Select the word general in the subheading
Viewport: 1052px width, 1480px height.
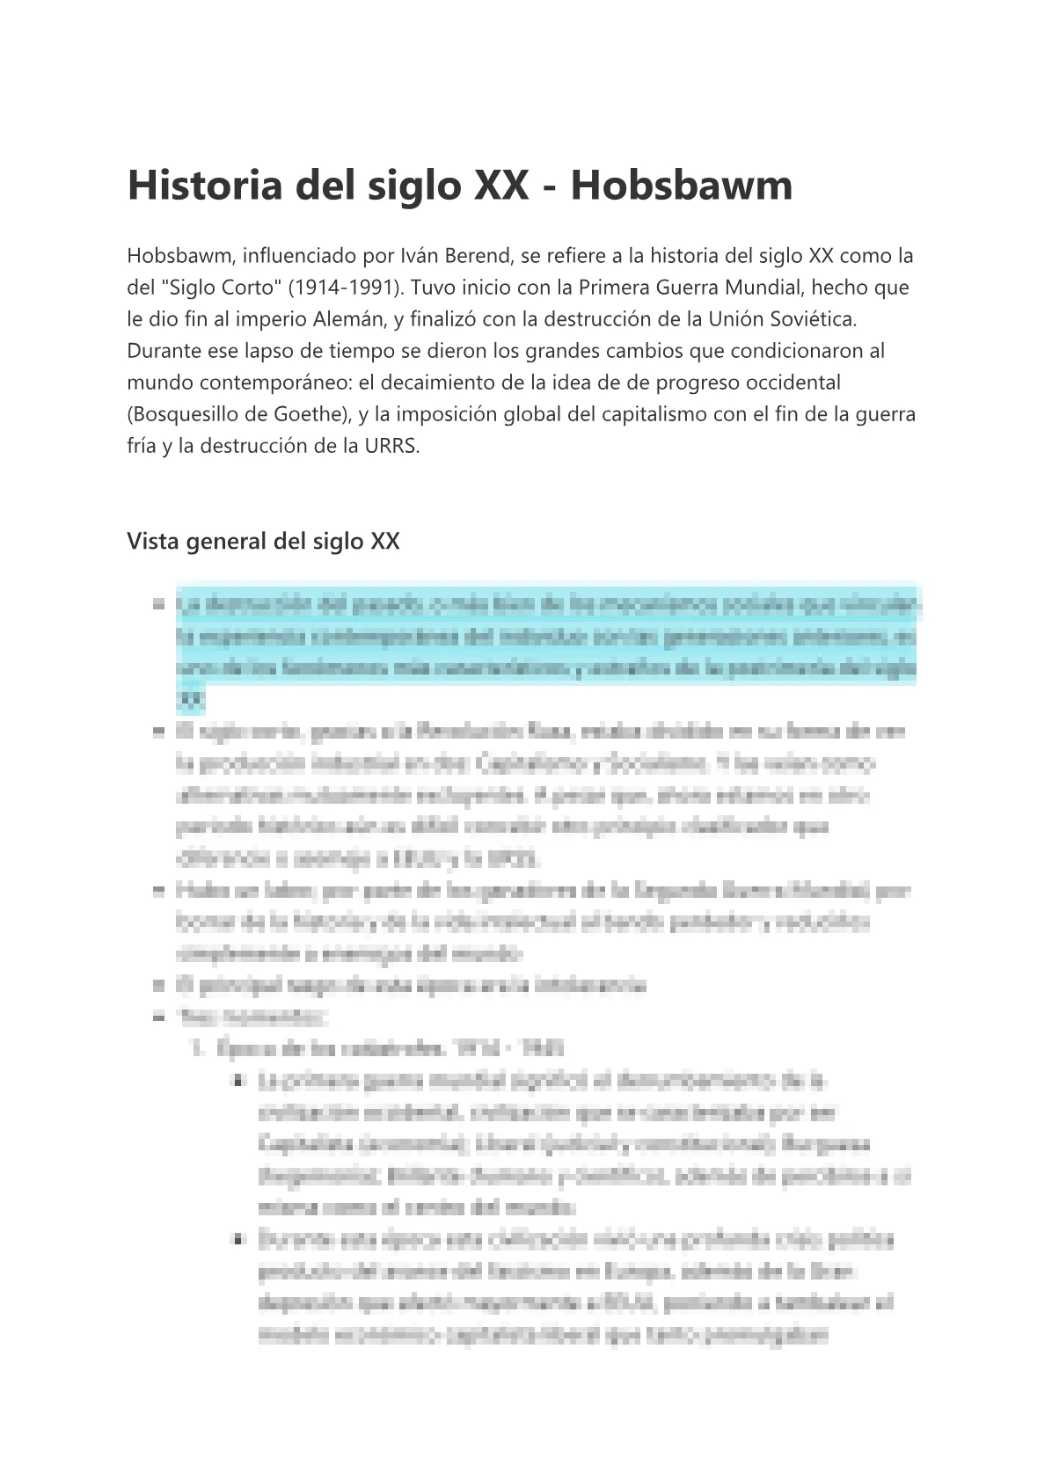pos(222,541)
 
